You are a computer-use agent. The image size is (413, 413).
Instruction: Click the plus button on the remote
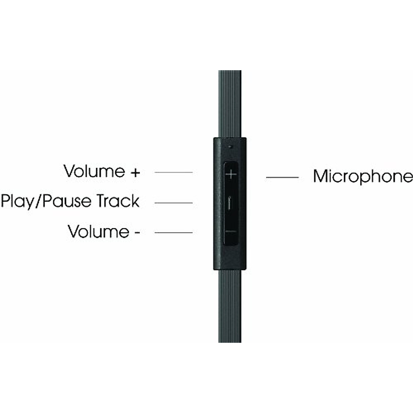231,174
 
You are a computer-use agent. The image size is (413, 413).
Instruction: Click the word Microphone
363,176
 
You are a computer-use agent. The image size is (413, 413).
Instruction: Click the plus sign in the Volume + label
136,172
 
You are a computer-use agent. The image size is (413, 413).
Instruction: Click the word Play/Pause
46,201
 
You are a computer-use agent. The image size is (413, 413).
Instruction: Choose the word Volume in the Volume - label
98,231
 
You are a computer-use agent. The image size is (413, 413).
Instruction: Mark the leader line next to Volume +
173,172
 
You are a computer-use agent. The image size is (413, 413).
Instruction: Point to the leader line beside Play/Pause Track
173,203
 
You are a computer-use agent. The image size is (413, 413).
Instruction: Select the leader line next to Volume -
173,233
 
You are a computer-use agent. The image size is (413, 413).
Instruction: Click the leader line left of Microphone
282,178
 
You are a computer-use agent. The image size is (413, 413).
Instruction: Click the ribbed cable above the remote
230,103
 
